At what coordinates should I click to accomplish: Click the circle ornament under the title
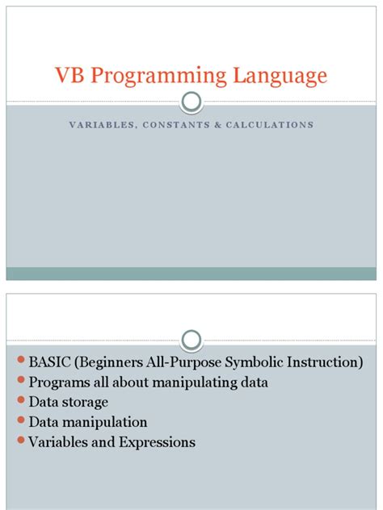[191, 102]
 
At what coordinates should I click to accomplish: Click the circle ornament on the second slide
[191, 338]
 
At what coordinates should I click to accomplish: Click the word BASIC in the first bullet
[48, 362]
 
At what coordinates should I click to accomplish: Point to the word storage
[84, 402]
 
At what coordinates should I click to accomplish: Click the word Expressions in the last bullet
[156, 442]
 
